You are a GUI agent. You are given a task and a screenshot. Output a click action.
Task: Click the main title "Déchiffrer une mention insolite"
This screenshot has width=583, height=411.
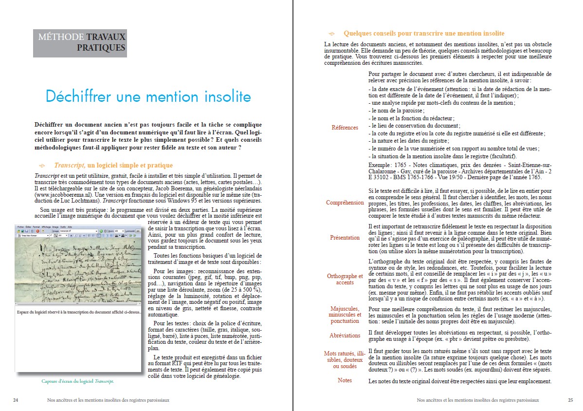148,96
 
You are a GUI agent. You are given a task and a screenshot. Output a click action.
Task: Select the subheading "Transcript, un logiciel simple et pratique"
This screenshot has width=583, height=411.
113,166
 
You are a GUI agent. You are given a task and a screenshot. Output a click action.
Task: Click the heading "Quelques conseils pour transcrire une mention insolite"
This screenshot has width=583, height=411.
424,34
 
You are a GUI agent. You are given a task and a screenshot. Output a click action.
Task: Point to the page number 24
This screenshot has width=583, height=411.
16,400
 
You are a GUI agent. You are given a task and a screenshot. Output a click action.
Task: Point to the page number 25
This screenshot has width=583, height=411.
570,400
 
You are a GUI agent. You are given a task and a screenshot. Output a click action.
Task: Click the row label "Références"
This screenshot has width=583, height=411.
345,128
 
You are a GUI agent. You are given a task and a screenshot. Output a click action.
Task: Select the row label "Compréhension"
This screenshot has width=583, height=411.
345,203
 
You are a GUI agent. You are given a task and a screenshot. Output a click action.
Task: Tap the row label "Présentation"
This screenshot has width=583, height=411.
345,238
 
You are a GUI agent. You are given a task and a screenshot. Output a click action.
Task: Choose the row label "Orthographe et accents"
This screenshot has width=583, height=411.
345,279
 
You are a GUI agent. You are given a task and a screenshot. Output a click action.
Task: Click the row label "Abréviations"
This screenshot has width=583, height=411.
345,335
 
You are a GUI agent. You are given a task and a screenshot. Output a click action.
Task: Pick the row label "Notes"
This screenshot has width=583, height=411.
345,380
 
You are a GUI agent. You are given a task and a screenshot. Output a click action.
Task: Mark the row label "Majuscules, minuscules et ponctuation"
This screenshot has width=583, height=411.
345,315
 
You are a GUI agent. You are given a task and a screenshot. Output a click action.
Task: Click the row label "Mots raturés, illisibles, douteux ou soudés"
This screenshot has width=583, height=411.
345,359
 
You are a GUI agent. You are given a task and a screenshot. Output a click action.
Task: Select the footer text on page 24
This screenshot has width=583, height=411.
108,400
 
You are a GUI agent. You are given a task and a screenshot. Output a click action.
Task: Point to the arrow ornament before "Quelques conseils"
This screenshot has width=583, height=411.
332,34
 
